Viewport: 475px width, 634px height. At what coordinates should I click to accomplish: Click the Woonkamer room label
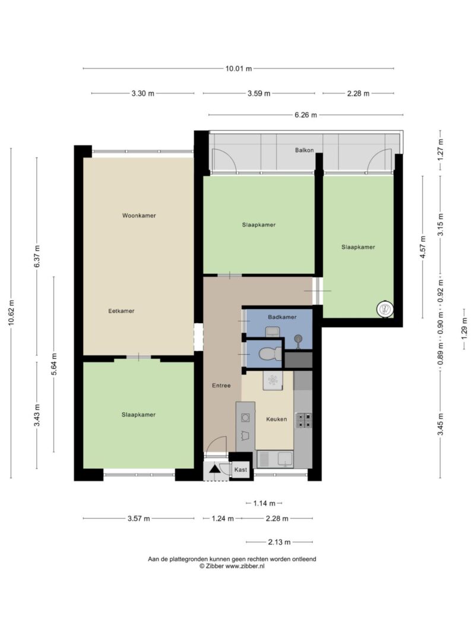[x=139, y=216]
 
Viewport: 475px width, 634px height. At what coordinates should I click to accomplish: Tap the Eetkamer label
[x=121, y=311]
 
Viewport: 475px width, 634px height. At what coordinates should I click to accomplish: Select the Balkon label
[x=304, y=150]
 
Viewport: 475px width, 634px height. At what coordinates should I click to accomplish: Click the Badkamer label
[x=282, y=317]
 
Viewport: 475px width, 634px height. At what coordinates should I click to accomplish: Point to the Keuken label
[x=277, y=419]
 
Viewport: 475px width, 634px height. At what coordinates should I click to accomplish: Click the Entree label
[x=221, y=386]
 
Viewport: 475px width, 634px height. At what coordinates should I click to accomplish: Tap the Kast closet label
[x=240, y=469]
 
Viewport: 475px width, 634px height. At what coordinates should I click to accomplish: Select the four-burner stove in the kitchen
[x=304, y=420]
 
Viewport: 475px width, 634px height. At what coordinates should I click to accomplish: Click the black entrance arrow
[x=214, y=469]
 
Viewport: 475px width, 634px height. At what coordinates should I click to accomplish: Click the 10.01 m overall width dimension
[x=238, y=69]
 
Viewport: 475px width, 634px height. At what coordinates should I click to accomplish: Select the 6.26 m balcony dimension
[x=306, y=115]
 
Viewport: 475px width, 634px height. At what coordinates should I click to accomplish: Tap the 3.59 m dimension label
[x=259, y=93]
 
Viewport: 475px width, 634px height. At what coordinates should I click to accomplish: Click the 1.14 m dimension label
[x=264, y=503]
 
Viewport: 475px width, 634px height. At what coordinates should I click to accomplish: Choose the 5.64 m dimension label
[x=53, y=364]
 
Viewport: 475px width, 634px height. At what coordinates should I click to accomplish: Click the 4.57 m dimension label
[x=423, y=247]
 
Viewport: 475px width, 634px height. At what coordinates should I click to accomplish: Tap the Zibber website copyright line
[x=232, y=566]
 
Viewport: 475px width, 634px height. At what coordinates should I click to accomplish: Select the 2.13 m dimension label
[x=279, y=542]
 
